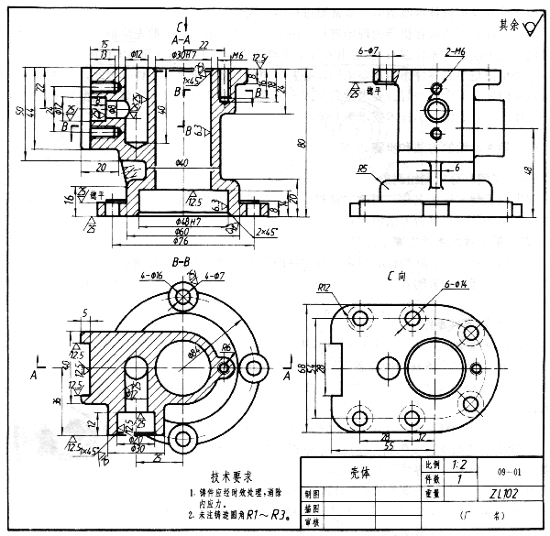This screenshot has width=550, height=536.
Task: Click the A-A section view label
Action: (181, 40)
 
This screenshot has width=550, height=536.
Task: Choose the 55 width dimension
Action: (389, 445)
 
